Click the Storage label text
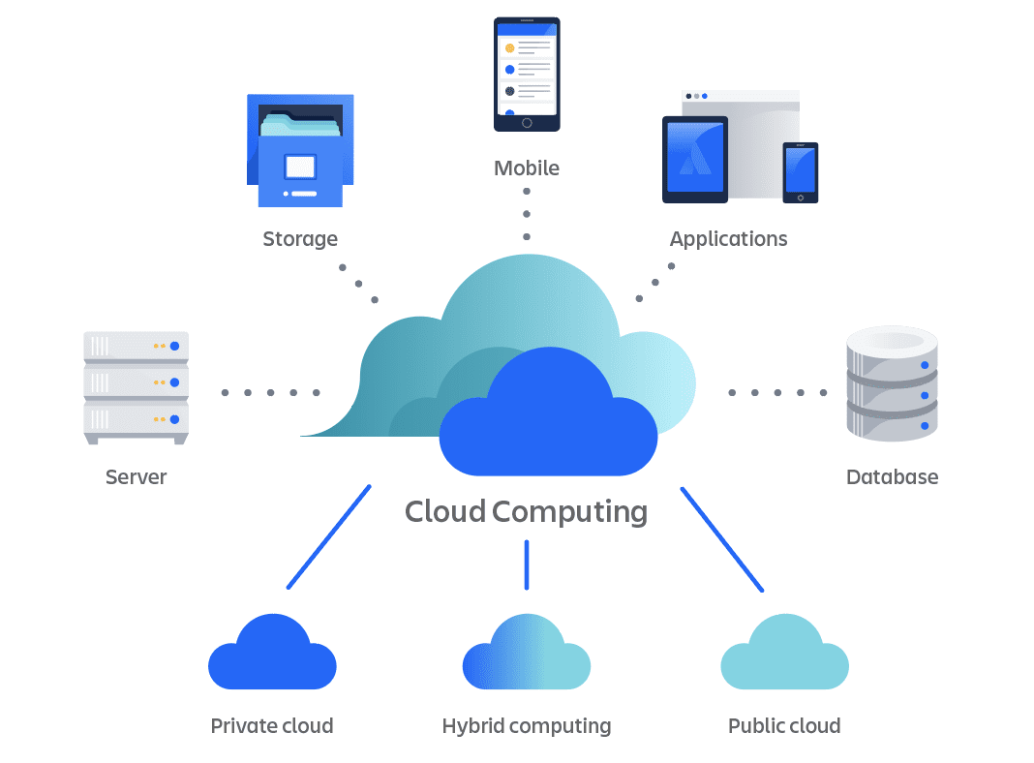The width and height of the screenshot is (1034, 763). pos(300,238)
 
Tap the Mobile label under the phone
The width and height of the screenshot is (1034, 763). pos(527,168)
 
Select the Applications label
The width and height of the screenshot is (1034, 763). pos(728,238)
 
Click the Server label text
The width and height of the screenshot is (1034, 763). pos(136,476)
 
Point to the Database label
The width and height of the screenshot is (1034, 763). pos(892,476)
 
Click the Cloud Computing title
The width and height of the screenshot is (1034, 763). pos(526,511)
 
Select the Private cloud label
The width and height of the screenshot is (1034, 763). pos(272,725)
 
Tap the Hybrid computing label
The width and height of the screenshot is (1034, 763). pos(527,725)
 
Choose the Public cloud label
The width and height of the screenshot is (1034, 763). pos(784,725)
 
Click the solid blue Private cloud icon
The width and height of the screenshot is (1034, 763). pos(272,656)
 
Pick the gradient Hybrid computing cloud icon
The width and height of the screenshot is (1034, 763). pos(527,656)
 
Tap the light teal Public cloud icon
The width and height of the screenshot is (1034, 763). pos(784,656)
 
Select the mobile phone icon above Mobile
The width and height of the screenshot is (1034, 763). pos(527,75)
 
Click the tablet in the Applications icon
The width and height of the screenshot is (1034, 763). pos(694,160)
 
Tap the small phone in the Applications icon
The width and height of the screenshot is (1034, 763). pos(800,172)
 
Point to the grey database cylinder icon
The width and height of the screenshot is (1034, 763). pos(892,383)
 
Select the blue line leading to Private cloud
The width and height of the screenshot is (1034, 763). pos(329,536)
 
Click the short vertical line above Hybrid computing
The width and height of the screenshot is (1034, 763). pos(527,565)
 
